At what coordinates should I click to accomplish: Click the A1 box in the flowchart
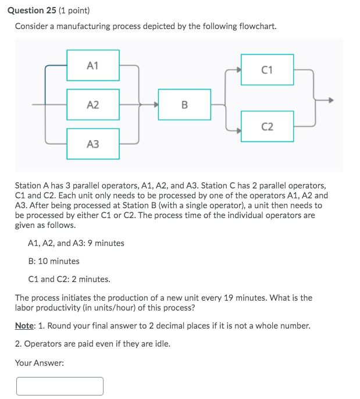pos(93,65)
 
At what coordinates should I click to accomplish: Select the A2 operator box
pos(93,105)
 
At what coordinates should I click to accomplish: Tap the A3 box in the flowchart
pos(93,144)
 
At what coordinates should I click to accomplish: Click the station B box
pos(184,105)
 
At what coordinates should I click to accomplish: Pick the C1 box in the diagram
pos(267,70)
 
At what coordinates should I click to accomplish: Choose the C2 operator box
pos(267,126)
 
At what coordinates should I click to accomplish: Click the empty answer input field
pos(60,386)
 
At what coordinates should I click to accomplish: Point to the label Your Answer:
pos(39,363)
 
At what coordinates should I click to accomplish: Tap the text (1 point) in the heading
pos(77,10)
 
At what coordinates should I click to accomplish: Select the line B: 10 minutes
pos(54,261)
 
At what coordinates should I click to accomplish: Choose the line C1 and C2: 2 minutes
pos(69,279)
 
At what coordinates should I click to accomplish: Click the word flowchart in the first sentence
pos(256,27)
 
